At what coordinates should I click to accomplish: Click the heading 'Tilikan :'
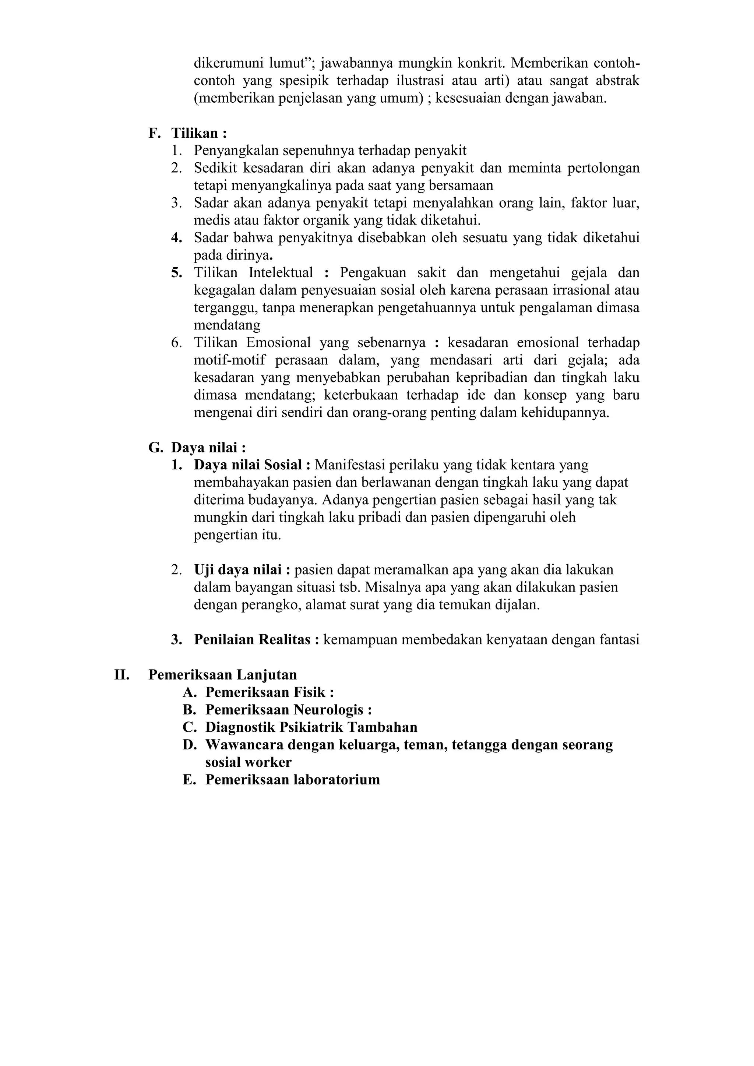[x=199, y=133]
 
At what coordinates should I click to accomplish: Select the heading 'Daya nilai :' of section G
[x=208, y=448]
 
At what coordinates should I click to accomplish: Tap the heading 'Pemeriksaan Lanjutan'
[x=222, y=675]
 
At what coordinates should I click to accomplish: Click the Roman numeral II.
[x=121, y=675]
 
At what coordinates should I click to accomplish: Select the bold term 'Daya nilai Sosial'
[x=248, y=465]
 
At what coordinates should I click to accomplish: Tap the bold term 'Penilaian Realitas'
[x=252, y=640]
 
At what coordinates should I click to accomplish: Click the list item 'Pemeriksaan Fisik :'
[x=269, y=692]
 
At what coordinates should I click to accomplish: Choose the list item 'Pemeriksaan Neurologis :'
[x=288, y=710]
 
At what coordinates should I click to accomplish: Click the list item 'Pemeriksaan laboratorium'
[x=292, y=780]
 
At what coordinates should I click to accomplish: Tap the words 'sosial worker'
[x=249, y=762]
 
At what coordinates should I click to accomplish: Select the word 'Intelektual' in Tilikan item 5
[x=281, y=272]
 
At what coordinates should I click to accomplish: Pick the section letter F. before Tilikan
[x=154, y=133]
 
